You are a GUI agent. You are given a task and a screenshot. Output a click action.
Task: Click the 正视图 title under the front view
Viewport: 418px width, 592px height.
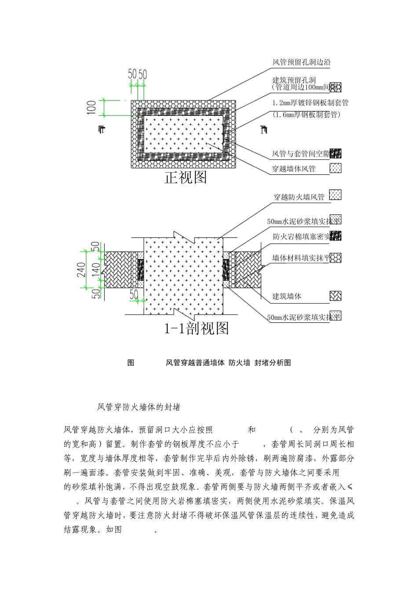click(185, 178)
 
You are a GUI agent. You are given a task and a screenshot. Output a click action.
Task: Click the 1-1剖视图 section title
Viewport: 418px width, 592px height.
click(196, 328)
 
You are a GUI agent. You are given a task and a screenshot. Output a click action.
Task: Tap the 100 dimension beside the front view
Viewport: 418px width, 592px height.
click(92, 107)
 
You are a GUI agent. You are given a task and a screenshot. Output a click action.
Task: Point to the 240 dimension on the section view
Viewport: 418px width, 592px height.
click(82, 270)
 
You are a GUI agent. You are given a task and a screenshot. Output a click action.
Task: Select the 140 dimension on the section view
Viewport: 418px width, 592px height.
click(95, 270)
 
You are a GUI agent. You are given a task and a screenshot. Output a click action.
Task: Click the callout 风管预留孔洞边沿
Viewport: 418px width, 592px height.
click(301, 62)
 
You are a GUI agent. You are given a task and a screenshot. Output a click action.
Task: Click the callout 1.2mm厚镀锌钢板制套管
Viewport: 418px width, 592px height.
click(310, 103)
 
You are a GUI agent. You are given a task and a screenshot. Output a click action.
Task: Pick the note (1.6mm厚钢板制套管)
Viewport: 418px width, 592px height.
click(306, 115)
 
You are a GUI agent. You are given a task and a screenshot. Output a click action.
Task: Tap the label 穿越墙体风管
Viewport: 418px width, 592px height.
click(293, 169)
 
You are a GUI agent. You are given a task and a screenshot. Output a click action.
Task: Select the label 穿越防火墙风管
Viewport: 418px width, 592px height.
click(299, 197)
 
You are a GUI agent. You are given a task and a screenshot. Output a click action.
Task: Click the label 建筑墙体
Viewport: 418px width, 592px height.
click(286, 296)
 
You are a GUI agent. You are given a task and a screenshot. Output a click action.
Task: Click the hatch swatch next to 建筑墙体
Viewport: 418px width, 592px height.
click(335, 296)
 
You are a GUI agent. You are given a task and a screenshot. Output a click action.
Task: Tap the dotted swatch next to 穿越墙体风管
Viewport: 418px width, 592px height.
click(335, 168)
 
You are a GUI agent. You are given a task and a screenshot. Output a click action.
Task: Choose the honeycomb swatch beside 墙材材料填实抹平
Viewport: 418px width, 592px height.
click(335, 258)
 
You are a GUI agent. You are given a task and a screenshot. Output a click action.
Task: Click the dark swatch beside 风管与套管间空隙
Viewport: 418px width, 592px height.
click(335, 154)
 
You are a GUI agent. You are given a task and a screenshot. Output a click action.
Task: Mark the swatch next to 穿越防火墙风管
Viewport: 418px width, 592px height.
click(335, 195)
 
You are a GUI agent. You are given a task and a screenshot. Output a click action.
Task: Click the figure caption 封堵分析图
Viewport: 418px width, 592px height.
click(272, 363)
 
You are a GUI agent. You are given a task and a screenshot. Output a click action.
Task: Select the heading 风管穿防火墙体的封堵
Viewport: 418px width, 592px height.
click(139, 407)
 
